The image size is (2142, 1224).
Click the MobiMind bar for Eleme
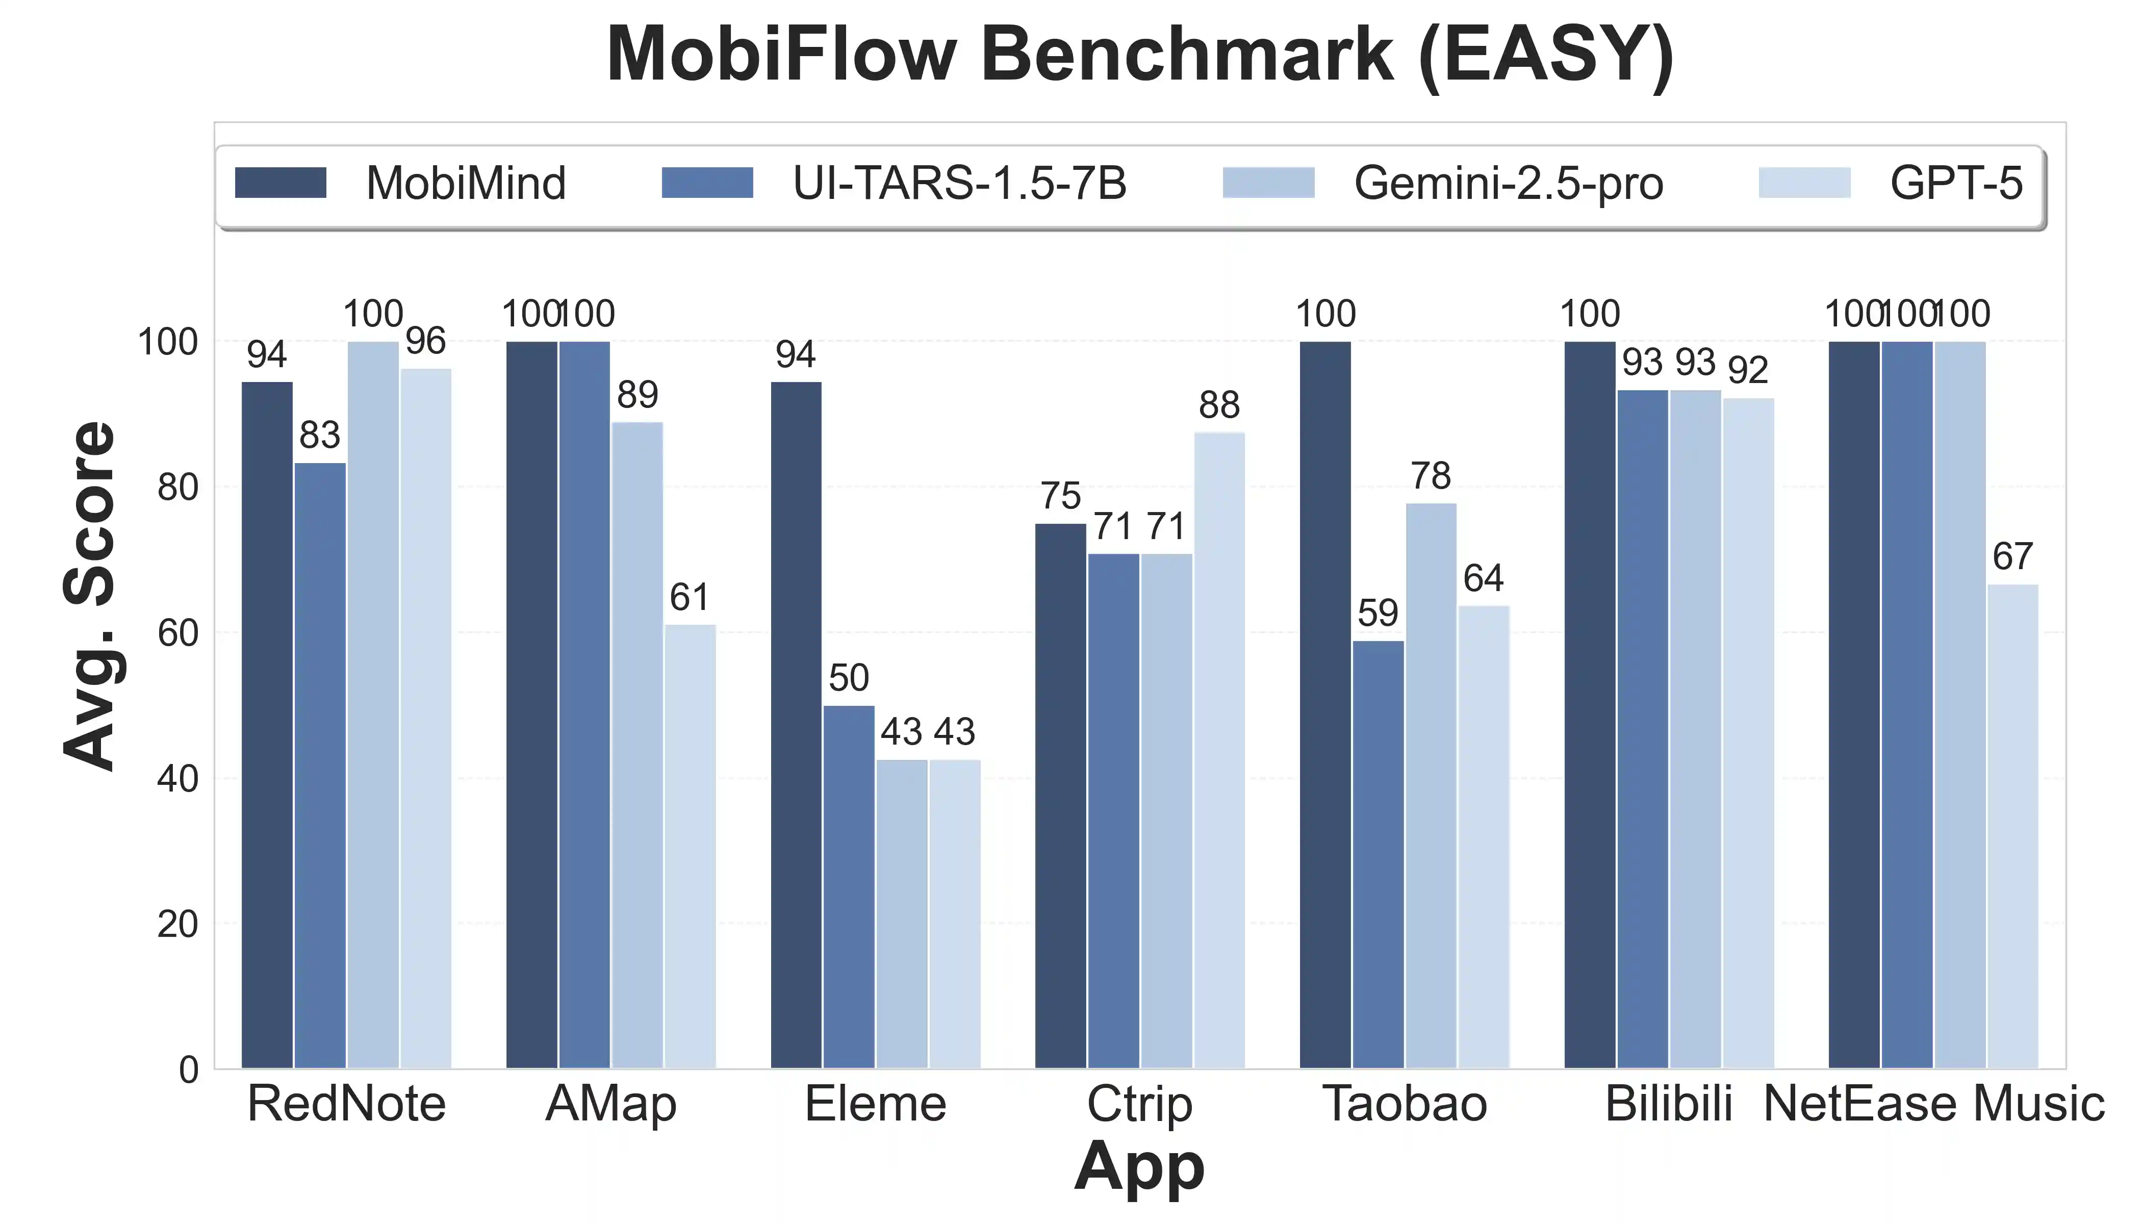796,725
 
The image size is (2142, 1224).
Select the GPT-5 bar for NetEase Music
2012,826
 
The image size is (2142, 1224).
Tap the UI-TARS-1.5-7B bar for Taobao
1378,854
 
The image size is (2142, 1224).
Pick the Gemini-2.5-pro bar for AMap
637,745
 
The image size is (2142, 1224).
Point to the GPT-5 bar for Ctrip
1219,750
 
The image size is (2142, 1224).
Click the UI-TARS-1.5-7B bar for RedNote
319,765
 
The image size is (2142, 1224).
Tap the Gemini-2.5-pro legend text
1508,183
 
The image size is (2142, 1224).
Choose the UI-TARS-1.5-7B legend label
959,183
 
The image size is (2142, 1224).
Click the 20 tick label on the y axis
177,925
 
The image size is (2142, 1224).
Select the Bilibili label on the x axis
1669,1104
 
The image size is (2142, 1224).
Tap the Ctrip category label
1139,1104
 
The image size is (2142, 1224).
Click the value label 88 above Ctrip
1219,406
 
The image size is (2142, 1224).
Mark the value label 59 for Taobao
1378,614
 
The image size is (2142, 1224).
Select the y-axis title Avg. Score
89,595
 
